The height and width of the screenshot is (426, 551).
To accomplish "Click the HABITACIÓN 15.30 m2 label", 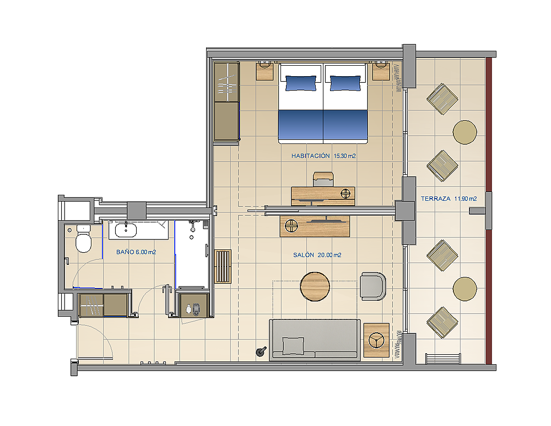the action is (x=323, y=156).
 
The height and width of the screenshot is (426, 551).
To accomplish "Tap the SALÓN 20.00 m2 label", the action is (x=317, y=255).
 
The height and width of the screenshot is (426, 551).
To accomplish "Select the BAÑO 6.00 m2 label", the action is (x=136, y=252).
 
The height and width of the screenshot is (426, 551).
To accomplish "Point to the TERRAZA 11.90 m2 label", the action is (x=449, y=199).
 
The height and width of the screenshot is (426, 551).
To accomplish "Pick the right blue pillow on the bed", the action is (x=345, y=83).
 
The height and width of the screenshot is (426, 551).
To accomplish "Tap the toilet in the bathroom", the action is (x=84, y=239).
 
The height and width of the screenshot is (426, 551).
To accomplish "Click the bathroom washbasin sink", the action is (x=126, y=230).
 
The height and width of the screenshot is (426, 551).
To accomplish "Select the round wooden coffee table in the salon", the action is (x=315, y=286).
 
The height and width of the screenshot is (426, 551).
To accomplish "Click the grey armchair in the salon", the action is (x=373, y=286).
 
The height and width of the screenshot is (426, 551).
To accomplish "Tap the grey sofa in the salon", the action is (x=315, y=340).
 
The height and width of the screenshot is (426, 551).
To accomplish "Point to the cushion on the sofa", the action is (x=294, y=345).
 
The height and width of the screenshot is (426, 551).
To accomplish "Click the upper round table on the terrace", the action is (x=465, y=132).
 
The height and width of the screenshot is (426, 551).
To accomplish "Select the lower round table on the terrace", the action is (x=465, y=289).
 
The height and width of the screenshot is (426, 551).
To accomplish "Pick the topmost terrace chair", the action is (x=442, y=99).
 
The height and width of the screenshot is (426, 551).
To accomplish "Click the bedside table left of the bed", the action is (x=265, y=71).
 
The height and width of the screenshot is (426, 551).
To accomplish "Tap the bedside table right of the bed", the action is (x=381, y=71).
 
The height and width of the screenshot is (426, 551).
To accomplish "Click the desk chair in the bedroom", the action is (x=323, y=179).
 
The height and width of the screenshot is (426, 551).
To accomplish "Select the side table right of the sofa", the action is (x=376, y=340).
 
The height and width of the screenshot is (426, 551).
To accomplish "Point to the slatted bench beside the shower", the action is (x=223, y=266).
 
